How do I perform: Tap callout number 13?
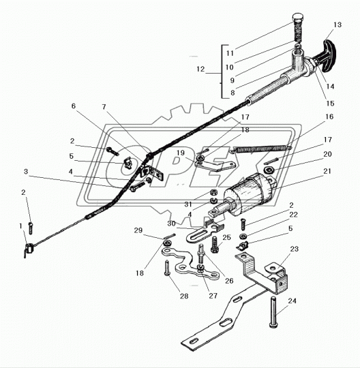pos(337,25)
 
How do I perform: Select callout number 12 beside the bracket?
pos(200,69)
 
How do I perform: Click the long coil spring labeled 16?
pos(261,149)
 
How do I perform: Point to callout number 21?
pos(327,171)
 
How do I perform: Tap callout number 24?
pos(292,301)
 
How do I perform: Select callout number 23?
pos(294,249)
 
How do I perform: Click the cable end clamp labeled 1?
pos(29,249)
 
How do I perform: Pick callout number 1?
pos(20,226)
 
